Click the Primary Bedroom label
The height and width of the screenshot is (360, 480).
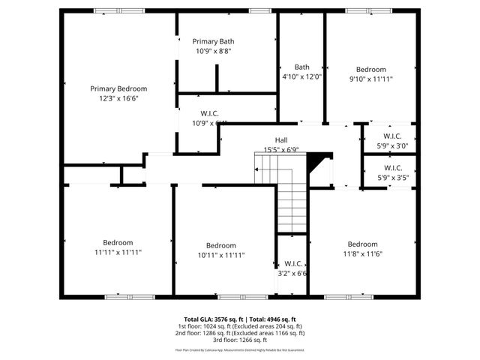[x=118, y=88]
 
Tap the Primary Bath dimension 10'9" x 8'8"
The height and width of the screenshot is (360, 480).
[x=214, y=51]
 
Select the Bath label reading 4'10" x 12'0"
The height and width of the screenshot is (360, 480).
[x=301, y=71]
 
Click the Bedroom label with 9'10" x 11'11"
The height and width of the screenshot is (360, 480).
[x=370, y=73]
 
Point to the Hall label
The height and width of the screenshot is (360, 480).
[x=281, y=140]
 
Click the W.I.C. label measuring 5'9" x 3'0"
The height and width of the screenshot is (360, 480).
[x=392, y=141]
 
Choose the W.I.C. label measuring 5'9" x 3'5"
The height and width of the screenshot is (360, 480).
[x=392, y=172]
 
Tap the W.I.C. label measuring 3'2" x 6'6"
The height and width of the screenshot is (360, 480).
[x=292, y=268]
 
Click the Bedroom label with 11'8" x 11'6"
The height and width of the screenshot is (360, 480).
[x=362, y=249]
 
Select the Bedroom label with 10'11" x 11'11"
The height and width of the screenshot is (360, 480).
[x=221, y=250]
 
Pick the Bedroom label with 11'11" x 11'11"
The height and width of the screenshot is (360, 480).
[x=118, y=247]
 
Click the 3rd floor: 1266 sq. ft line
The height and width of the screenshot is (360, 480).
[x=240, y=340]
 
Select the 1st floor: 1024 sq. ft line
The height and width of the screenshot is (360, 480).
[x=240, y=326]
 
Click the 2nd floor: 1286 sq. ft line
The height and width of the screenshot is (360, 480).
[x=240, y=333]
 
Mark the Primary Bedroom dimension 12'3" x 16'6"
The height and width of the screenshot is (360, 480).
[x=118, y=97]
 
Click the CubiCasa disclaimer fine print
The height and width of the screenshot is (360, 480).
[x=240, y=350]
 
